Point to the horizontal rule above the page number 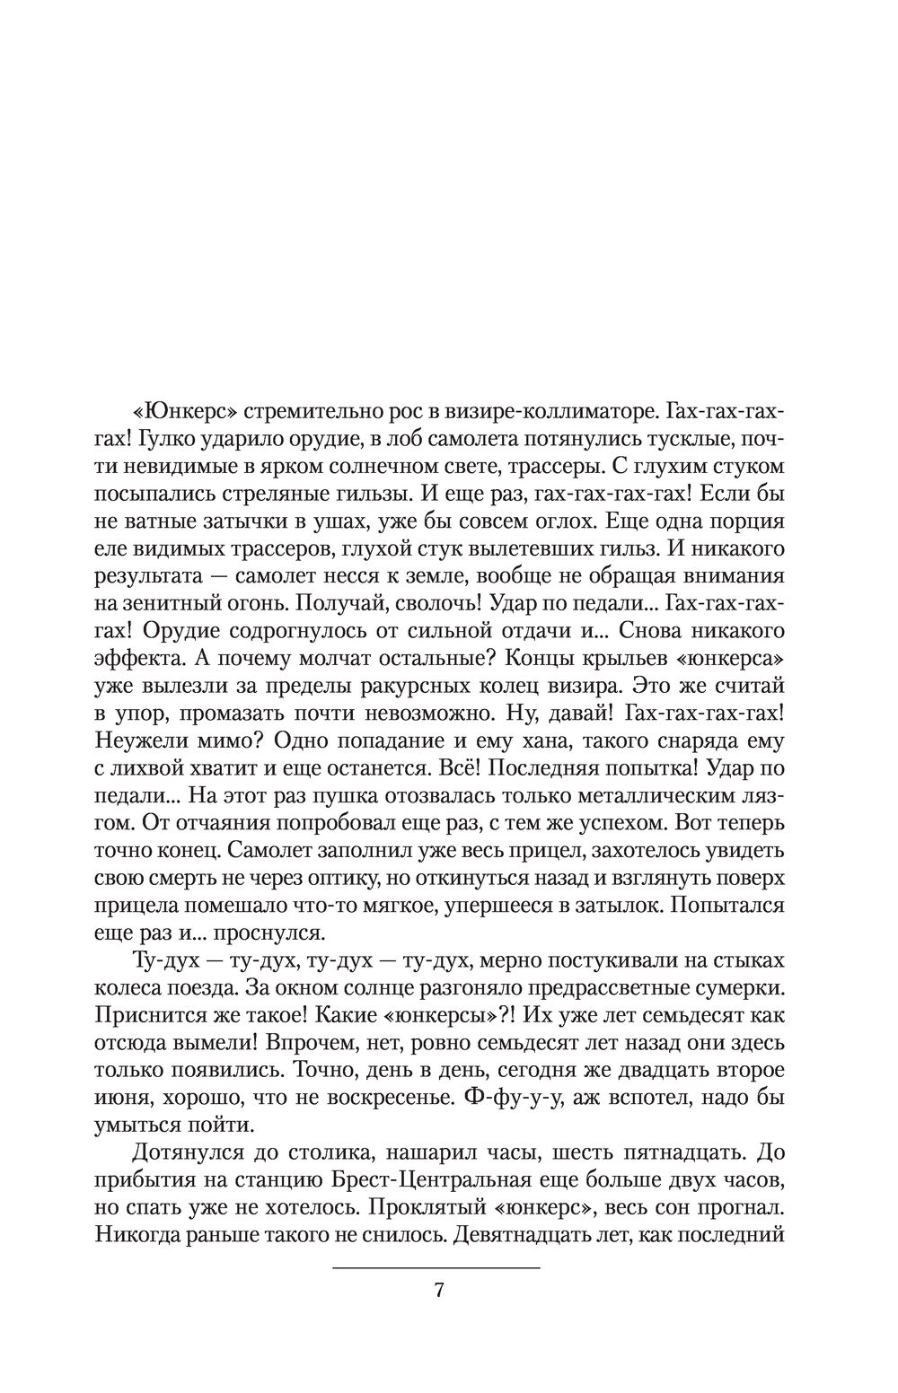[436, 1266]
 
